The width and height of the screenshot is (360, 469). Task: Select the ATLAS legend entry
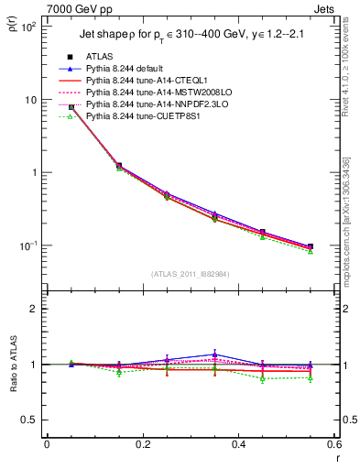point(102,57)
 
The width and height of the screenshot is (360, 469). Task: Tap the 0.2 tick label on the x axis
point(142,444)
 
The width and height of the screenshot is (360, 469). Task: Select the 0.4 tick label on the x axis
point(238,444)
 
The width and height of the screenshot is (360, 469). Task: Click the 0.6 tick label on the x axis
point(333,444)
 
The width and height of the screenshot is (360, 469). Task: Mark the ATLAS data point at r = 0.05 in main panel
point(71,107)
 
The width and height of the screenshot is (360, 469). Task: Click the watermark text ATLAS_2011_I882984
point(191,273)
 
